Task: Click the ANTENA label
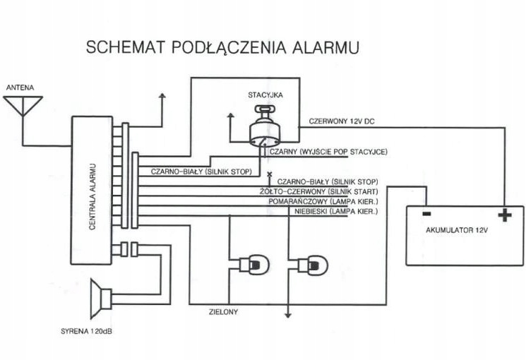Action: tap(20, 88)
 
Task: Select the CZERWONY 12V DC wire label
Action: tap(342, 121)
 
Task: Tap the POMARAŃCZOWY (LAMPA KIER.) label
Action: tap(324, 201)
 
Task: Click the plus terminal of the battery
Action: tap(503, 214)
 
